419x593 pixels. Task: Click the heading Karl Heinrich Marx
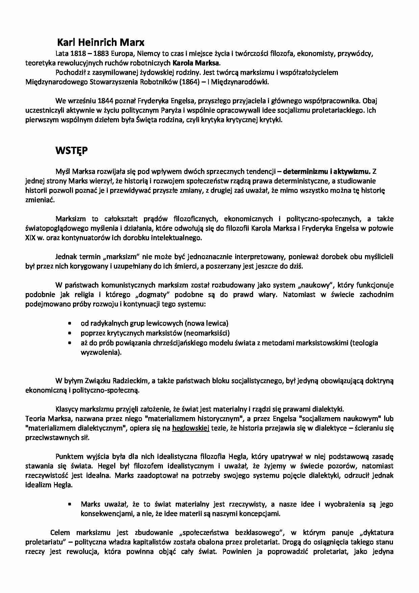(x=100, y=43)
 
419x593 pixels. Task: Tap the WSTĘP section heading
(x=71, y=151)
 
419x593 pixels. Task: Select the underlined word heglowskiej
(x=191, y=428)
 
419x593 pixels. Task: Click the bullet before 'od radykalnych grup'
(x=70, y=323)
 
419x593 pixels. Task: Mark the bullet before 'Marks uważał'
(x=70, y=504)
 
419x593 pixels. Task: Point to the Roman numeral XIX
(x=31, y=238)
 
